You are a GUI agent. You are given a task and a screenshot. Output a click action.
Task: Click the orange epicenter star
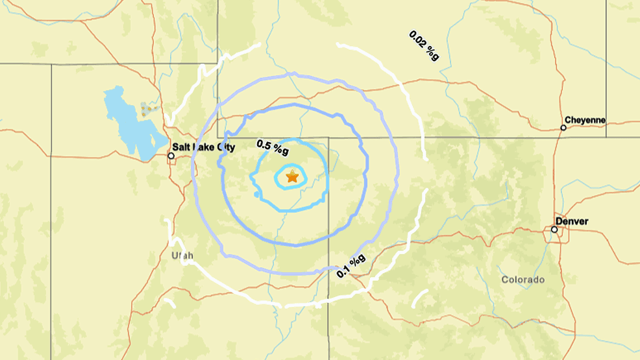click(292, 176)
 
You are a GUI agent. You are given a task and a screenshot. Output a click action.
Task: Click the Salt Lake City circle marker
click(171, 156)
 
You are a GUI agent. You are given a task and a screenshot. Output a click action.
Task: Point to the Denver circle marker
click(554, 230)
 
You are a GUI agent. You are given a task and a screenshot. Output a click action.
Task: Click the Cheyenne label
click(585, 120)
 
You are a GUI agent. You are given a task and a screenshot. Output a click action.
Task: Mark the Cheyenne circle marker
click(563, 128)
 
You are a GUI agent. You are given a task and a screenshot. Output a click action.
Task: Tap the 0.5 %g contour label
click(273, 147)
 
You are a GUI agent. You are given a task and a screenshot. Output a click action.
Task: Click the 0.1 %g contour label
click(351, 267)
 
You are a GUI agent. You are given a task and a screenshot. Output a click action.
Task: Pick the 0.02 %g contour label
click(424, 45)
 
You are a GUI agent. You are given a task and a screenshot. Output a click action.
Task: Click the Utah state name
click(182, 256)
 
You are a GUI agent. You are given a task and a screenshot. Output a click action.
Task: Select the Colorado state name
click(523, 280)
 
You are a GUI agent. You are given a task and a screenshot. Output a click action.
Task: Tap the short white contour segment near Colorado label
click(420, 298)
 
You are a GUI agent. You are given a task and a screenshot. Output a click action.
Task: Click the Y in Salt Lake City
click(232, 147)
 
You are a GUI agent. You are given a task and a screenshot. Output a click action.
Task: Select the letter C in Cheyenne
click(568, 120)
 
